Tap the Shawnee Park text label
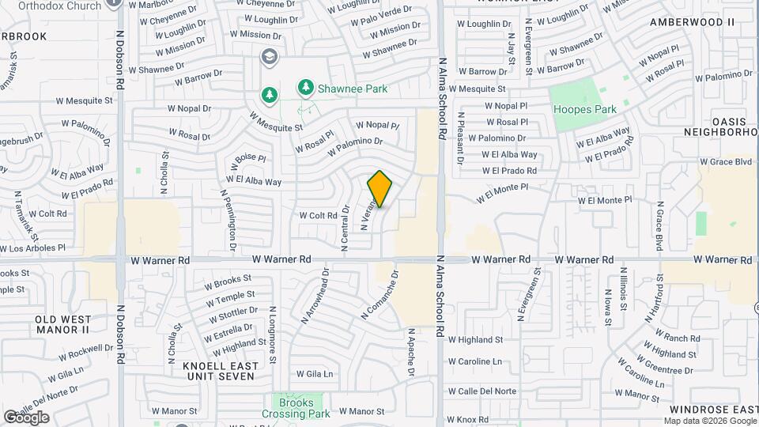coord(353,89)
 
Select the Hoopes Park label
coord(584,110)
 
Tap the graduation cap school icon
coord(270,56)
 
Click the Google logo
coord(26,417)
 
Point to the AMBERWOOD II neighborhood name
coord(692,21)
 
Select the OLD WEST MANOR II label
coord(62,323)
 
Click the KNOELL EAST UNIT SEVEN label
coord(217,371)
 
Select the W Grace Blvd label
coord(725,161)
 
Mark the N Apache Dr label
coord(411,352)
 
